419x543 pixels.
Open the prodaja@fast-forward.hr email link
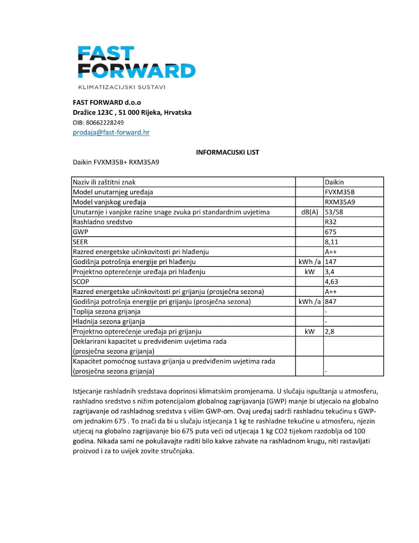point(111,132)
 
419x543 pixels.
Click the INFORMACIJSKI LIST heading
point(228,152)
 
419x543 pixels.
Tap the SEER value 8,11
point(331,242)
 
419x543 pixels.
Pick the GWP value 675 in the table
point(331,232)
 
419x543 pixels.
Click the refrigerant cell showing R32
point(331,222)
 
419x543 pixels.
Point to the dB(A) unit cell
point(309,212)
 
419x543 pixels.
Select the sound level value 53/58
point(334,212)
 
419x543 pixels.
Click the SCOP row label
point(81,282)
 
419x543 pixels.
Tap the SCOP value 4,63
point(331,282)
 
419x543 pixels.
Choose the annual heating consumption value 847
point(331,302)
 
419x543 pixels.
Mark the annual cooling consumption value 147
point(331,262)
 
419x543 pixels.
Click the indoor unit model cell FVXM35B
point(340,192)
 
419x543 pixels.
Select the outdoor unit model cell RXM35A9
point(340,202)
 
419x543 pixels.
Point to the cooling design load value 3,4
point(329,272)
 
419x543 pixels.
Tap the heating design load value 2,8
point(329,332)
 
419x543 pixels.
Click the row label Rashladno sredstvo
point(103,222)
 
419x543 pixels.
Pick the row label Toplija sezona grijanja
point(107,311)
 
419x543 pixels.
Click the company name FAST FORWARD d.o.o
point(107,102)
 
